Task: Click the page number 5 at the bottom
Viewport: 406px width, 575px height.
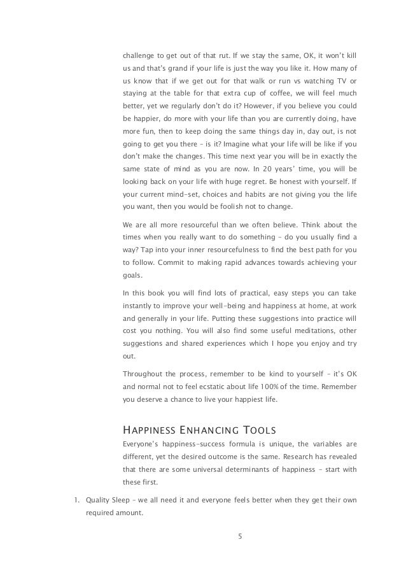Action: (x=239, y=536)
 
